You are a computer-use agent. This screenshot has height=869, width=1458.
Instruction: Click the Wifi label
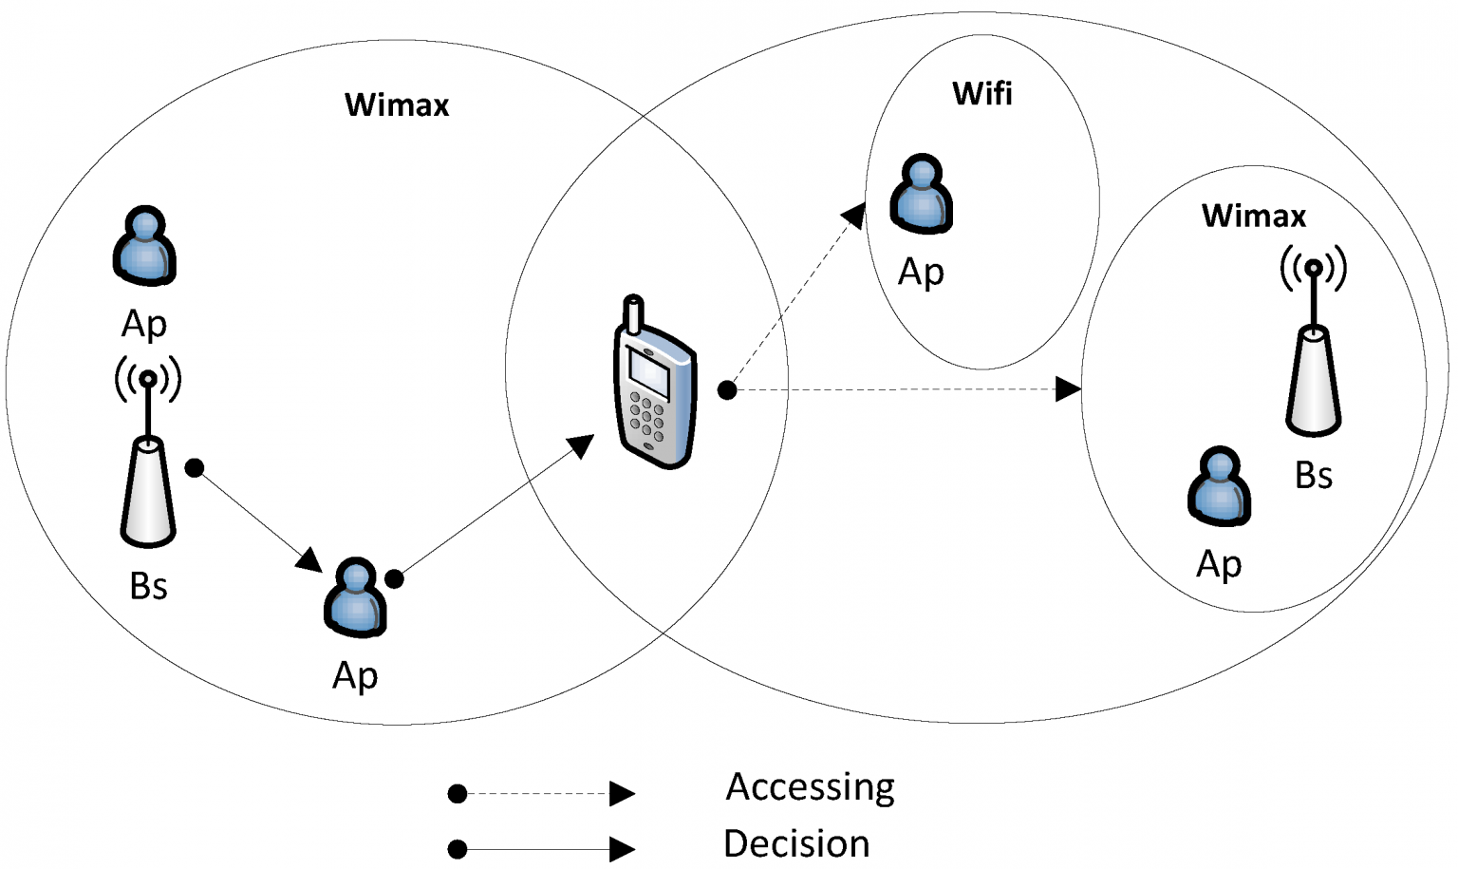[x=982, y=94]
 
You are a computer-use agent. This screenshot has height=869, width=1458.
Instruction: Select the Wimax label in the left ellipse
[x=397, y=104]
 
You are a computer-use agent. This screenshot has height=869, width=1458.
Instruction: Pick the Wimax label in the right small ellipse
[x=1253, y=216]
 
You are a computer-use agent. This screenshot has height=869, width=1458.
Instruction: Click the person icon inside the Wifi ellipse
[x=921, y=195]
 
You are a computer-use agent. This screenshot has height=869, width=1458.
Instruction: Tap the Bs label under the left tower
[x=148, y=587]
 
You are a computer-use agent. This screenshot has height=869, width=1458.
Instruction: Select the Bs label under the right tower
[x=1314, y=476]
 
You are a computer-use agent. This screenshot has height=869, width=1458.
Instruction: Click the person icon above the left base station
[x=144, y=246]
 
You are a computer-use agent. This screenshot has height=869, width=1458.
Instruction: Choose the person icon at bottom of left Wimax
[x=355, y=597]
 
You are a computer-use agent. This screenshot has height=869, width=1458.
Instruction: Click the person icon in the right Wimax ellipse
[x=1219, y=486]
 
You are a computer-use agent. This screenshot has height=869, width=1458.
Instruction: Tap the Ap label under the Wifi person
[x=921, y=273]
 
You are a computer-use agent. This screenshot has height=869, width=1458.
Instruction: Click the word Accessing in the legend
[x=810, y=787]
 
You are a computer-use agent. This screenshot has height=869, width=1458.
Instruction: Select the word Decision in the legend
[x=796, y=843]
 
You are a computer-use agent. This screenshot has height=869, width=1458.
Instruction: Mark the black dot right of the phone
[x=727, y=389]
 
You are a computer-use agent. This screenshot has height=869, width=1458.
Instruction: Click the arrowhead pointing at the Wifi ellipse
[x=854, y=215]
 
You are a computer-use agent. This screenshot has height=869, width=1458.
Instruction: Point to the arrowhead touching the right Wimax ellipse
[x=1069, y=388]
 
